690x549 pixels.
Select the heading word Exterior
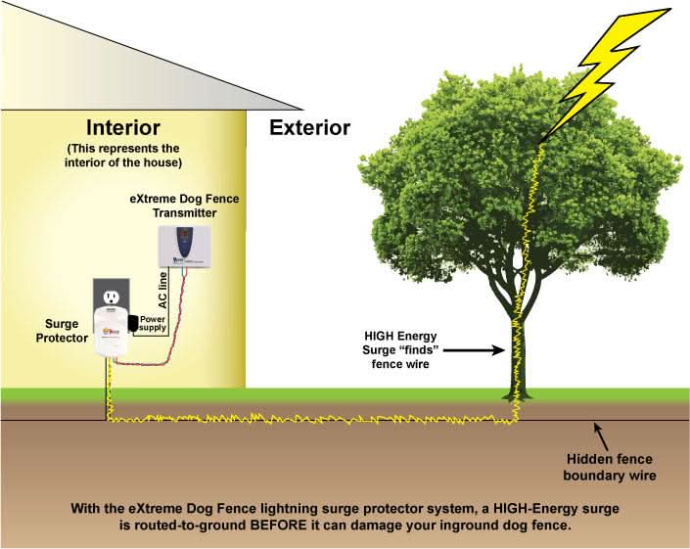(x=309, y=127)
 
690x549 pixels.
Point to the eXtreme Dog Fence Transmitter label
(x=184, y=206)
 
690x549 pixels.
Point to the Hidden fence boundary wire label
(x=612, y=468)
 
